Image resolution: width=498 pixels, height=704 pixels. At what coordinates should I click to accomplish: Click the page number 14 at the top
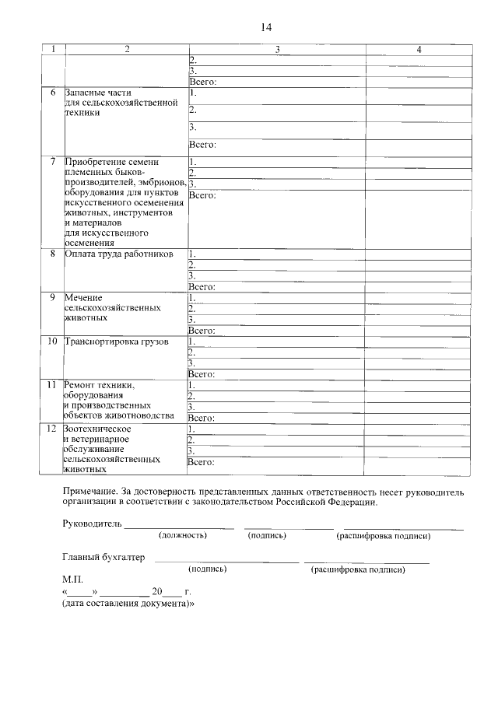click(x=265, y=28)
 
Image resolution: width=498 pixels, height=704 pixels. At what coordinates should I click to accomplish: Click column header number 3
click(x=277, y=50)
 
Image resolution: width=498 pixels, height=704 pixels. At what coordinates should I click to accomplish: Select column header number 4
click(x=419, y=50)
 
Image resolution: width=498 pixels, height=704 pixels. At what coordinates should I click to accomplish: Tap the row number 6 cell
click(x=53, y=93)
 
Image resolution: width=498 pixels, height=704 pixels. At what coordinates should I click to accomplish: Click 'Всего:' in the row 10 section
click(x=202, y=374)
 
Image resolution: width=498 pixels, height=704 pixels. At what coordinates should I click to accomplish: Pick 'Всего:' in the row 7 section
click(x=202, y=194)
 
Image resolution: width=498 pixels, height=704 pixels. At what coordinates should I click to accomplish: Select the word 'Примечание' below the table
click(x=90, y=492)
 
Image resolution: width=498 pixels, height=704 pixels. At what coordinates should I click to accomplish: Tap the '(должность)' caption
click(x=183, y=536)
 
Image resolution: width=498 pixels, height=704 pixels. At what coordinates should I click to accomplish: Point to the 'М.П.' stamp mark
click(x=72, y=580)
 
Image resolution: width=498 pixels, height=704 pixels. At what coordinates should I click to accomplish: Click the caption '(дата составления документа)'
click(x=128, y=603)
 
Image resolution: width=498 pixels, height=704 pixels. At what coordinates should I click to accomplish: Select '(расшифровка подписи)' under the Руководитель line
click(x=383, y=536)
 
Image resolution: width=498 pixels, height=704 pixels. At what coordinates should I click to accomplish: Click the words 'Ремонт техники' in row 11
click(x=100, y=385)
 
